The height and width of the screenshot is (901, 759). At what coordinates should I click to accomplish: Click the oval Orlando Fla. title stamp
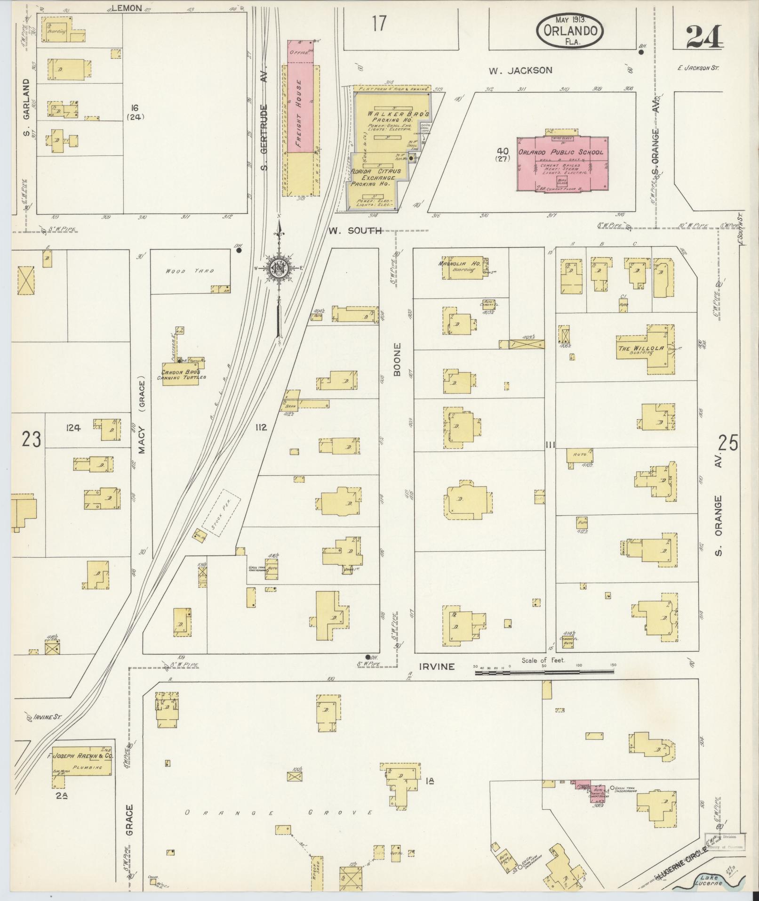coord(570,30)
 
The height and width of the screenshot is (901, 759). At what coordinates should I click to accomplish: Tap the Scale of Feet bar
coord(543,674)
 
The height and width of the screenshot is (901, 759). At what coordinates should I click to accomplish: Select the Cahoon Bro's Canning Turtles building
coord(181,374)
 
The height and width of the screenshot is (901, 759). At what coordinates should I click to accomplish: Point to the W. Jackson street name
coord(520,71)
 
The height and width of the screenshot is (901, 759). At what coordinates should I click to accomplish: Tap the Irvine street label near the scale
coord(437,666)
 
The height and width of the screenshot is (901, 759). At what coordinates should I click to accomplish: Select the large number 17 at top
coord(378,24)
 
